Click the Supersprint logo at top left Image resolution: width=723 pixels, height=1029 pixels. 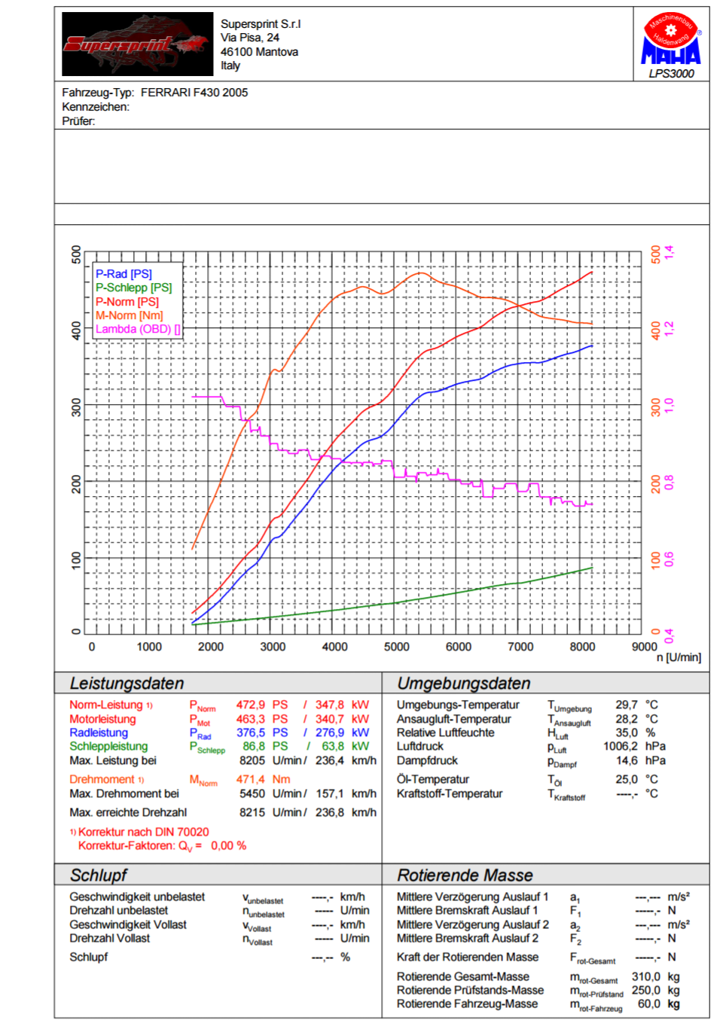[137, 44]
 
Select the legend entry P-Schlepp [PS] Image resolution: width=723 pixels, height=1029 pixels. [134, 288]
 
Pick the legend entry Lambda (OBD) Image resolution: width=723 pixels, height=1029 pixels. [138, 329]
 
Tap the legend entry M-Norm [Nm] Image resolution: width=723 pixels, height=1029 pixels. [129, 315]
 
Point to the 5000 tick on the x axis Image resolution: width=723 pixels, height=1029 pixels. [396, 647]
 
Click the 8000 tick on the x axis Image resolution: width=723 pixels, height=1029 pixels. [582, 647]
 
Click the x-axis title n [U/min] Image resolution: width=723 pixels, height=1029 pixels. [679, 657]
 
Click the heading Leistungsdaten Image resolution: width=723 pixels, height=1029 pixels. [127, 683]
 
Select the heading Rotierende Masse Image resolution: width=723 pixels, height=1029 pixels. [465, 875]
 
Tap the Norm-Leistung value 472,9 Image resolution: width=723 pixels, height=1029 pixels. [251, 705]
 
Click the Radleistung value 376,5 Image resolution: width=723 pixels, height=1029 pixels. [251, 732]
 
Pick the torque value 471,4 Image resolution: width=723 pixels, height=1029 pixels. [251, 780]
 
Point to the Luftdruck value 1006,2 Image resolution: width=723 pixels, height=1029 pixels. [620, 747]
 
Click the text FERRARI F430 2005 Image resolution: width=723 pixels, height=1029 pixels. [194, 93]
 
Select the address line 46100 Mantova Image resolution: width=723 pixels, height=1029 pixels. [259, 52]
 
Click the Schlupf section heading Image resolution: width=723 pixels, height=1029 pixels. [98, 875]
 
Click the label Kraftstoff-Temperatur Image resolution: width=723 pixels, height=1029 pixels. [450, 794]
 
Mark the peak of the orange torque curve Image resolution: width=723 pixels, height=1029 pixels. [419, 272]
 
